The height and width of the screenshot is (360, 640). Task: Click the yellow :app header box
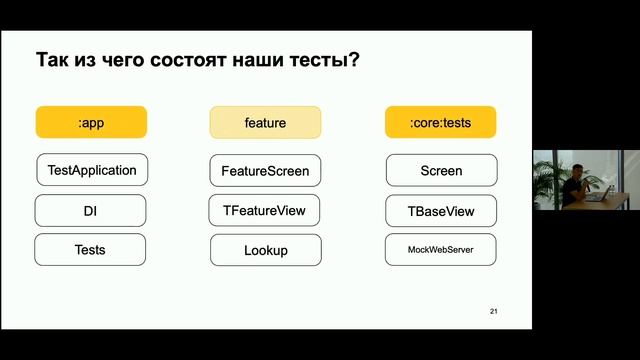tap(91, 122)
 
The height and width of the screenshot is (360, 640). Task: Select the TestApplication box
tap(91, 170)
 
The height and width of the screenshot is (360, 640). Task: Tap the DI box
tap(91, 211)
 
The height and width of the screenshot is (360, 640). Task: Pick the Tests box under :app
tap(91, 250)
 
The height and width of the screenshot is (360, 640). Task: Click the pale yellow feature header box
tap(265, 122)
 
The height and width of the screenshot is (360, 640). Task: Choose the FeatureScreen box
tap(265, 170)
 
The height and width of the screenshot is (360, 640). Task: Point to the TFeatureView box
tap(265, 211)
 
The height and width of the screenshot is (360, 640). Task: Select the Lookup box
tap(265, 250)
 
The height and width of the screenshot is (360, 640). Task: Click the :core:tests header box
tap(440, 122)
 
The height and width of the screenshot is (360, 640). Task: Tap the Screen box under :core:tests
tap(440, 170)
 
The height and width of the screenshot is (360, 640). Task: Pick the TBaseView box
tap(440, 211)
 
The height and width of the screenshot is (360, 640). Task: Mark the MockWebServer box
tap(440, 250)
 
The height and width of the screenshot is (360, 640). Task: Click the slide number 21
tap(493, 313)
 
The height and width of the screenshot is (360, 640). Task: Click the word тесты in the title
tap(315, 59)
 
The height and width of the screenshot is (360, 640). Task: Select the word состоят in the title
tap(172, 59)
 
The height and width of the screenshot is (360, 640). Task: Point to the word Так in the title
tap(53, 59)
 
